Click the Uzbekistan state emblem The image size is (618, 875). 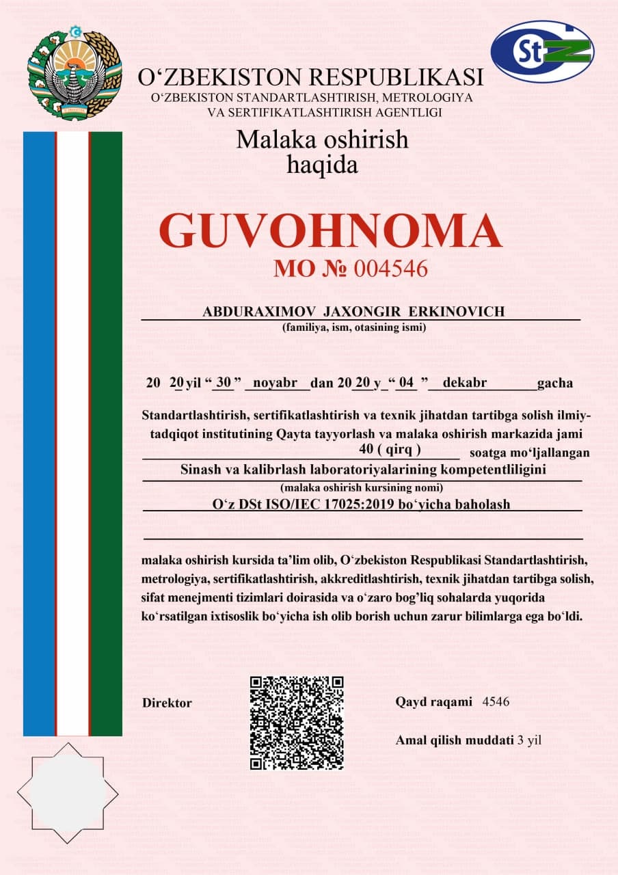click(75, 73)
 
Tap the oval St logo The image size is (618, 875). click(542, 52)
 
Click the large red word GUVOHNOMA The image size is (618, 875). click(330, 231)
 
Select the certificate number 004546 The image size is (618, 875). click(390, 269)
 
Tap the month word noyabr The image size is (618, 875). click(276, 383)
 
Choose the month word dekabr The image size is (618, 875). click(465, 383)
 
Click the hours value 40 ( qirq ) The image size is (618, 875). click(389, 449)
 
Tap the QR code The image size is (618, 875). click(297, 723)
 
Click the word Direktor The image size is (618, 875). click(167, 703)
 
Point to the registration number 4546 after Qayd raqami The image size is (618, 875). click(496, 702)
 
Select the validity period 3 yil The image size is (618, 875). click(530, 740)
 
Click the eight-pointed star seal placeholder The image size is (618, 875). click(68, 794)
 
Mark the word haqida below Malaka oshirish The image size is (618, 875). click(323, 164)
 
